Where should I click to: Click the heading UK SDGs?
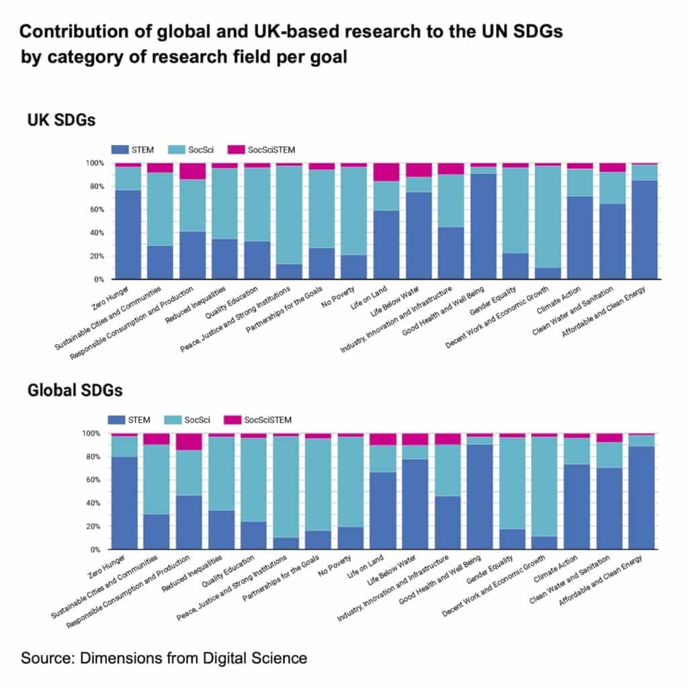(x=61, y=121)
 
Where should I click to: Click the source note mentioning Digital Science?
(x=164, y=658)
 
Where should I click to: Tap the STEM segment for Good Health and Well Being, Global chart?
(x=480, y=497)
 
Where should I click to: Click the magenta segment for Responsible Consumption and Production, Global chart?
(x=189, y=441)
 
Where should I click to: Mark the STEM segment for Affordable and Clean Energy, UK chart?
(x=644, y=229)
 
